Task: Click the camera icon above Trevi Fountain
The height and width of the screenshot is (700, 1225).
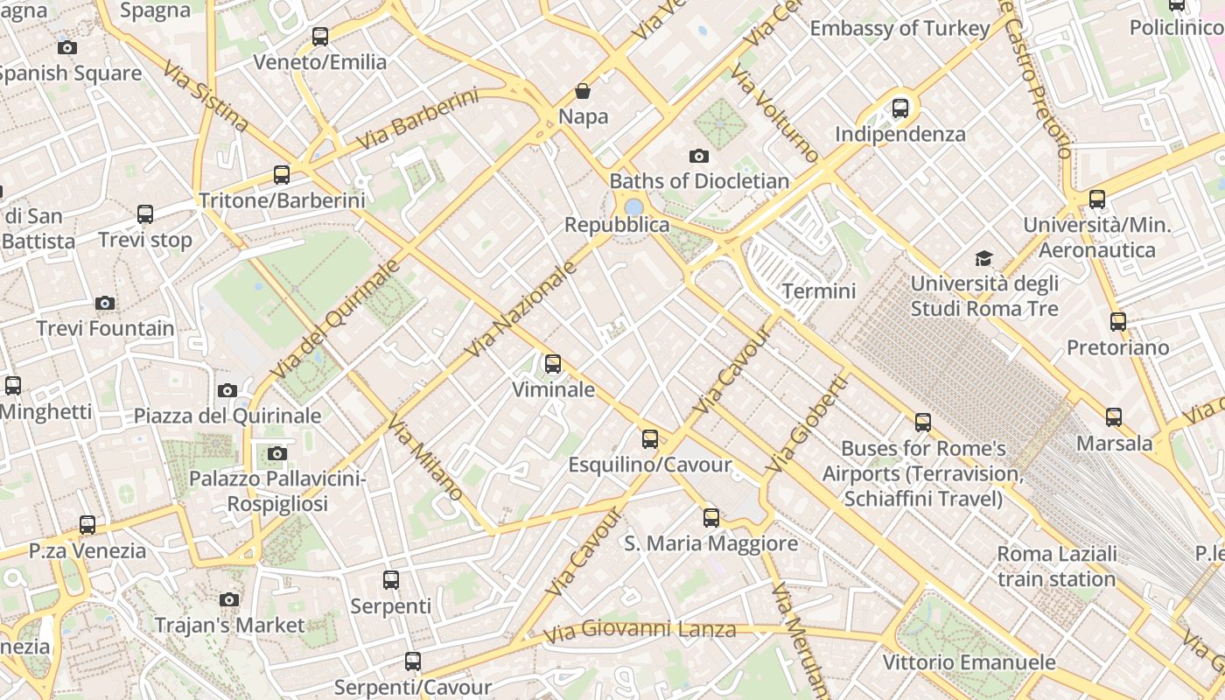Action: point(105,303)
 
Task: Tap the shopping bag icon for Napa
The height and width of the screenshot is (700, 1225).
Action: point(583,91)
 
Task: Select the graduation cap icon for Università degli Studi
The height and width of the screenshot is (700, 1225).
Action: point(984,258)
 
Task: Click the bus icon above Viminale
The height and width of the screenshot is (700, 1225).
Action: point(553,363)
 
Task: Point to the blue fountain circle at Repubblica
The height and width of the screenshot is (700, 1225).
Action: point(633,206)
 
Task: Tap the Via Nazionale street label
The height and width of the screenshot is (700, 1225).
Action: point(521,309)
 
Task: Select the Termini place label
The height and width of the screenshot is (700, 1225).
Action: point(819,290)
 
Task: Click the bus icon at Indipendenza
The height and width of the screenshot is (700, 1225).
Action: point(900,108)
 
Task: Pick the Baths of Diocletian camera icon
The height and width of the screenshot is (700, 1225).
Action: point(698,156)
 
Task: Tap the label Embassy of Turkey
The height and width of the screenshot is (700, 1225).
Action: point(899,28)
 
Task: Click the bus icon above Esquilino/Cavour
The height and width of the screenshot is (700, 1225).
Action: point(649,438)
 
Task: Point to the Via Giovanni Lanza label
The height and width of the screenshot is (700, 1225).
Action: point(640,630)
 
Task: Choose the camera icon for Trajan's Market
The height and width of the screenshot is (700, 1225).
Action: point(229,599)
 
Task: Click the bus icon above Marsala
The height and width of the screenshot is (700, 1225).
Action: point(1114,417)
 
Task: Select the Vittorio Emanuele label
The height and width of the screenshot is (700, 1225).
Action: point(969,662)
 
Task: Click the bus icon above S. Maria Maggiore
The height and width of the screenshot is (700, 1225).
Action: point(711,517)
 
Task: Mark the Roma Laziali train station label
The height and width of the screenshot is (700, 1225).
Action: point(1057,566)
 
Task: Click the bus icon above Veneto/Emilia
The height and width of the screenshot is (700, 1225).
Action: point(320,36)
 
